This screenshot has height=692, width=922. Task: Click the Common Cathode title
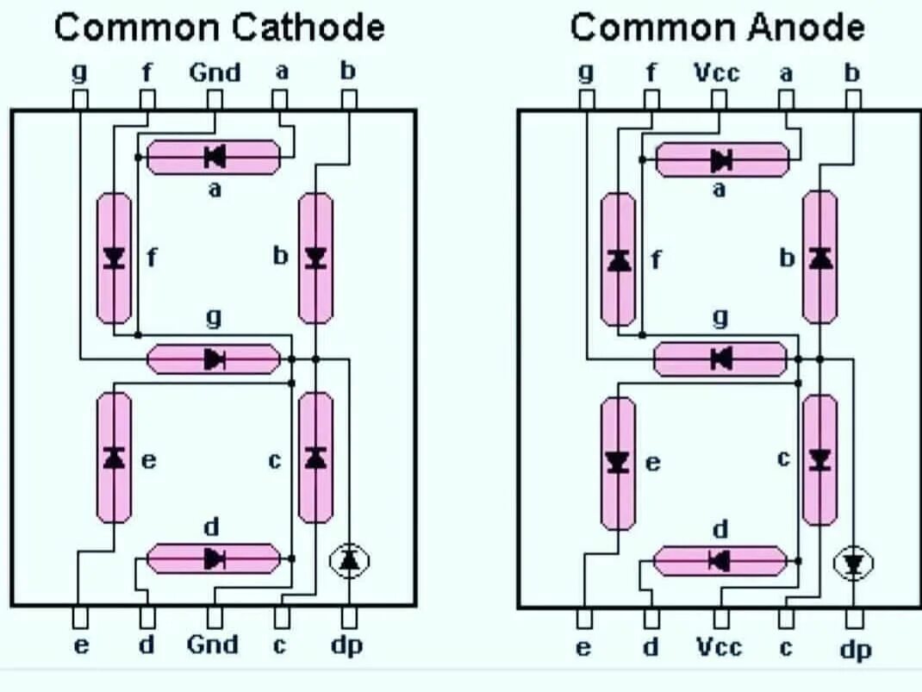[219, 28]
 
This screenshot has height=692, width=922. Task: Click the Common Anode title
[717, 28]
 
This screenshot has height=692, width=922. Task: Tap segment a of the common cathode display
[214, 157]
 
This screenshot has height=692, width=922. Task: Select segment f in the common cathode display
[114, 258]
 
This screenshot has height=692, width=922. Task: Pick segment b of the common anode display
[819, 258]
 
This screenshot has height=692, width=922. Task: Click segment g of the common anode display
[720, 358]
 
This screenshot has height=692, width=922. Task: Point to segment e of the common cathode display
[114, 458]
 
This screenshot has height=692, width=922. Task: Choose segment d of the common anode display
[720, 561]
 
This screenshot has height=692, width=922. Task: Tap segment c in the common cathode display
[315, 458]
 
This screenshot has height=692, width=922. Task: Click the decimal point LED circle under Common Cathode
[349, 561]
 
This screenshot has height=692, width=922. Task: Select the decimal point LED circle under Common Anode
[853, 564]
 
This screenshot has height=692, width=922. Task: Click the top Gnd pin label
[215, 72]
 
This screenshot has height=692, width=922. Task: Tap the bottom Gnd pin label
[213, 645]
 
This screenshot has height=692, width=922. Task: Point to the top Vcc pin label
[717, 72]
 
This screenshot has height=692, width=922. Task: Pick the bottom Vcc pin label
[719, 646]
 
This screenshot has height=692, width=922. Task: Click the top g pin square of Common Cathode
[79, 100]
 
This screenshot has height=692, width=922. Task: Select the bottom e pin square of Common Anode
[585, 619]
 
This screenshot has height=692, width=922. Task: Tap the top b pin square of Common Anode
[853, 100]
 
